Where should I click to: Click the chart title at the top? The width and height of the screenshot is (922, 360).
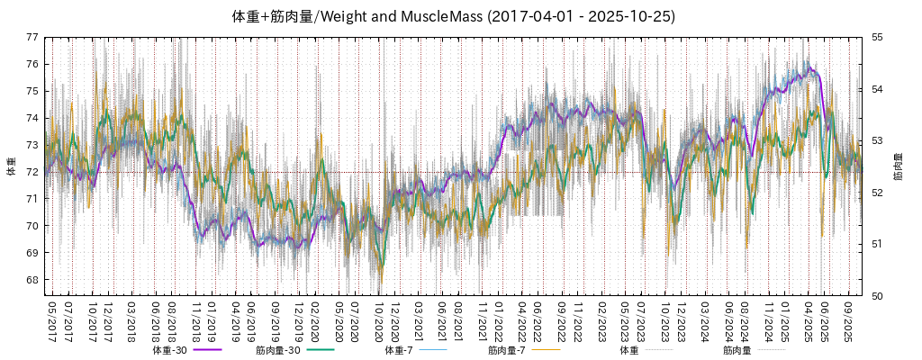click(x=454, y=16)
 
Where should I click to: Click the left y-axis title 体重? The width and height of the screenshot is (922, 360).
click(x=11, y=166)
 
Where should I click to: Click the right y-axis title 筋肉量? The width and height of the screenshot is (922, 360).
click(x=899, y=166)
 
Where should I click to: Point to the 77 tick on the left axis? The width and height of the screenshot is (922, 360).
click(x=32, y=37)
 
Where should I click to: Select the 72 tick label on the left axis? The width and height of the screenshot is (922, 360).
click(x=32, y=172)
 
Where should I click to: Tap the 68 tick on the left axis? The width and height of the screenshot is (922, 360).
click(x=32, y=280)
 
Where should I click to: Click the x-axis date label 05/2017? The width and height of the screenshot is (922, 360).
click(x=52, y=320)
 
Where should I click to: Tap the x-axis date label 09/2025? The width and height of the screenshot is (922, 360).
click(x=847, y=320)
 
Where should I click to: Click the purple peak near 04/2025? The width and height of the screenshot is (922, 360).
click(x=810, y=68)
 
